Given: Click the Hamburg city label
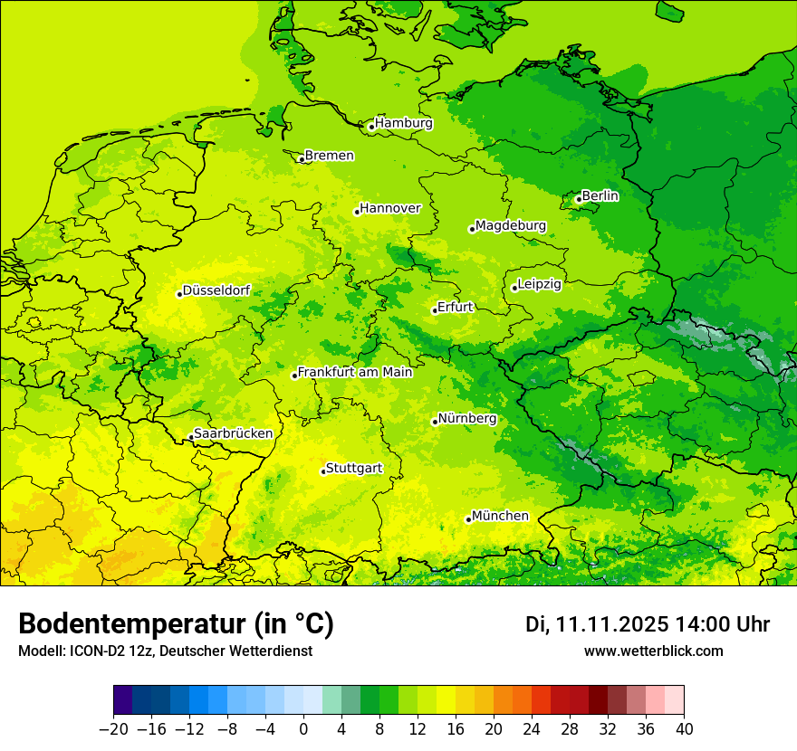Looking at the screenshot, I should tap(404, 123).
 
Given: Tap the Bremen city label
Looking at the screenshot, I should tap(329, 156).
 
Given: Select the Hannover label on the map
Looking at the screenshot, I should tap(390, 208).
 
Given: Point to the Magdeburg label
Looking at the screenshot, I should tap(510, 225).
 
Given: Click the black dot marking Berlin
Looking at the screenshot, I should tap(579, 199).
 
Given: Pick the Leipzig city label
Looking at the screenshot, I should tap(540, 284).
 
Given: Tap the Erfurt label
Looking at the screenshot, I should tap(455, 307).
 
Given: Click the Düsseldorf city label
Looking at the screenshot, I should tap(216, 290).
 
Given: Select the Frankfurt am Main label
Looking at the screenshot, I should tap(355, 372).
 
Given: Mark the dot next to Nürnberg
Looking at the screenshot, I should tap(435, 422).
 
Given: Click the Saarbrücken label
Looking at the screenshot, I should tap(233, 433).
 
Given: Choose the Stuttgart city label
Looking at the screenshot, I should tap(353, 468).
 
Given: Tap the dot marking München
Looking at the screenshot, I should tap(468, 519).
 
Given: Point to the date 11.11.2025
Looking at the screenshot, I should tap(613, 624).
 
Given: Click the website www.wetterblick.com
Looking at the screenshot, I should tap(653, 651).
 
